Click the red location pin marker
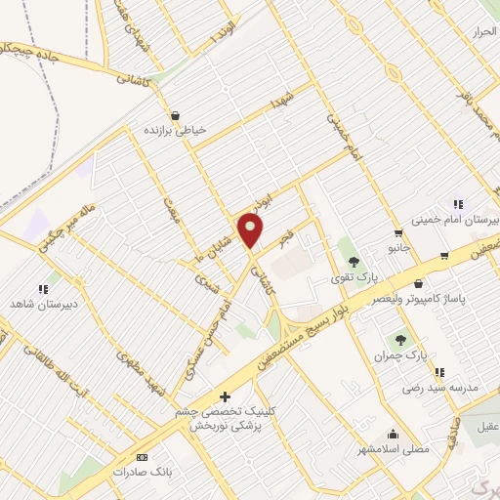(251, 230)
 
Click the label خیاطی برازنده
(175, 130)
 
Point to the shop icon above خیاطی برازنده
(175, 114)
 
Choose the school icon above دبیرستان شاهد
(42, 289)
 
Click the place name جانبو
(397, 248)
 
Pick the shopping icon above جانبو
(398, 232)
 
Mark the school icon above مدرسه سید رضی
(439, 372)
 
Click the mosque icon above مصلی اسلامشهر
(393, 435)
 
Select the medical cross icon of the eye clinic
(225, 396)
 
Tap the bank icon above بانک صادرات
(143, 457)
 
